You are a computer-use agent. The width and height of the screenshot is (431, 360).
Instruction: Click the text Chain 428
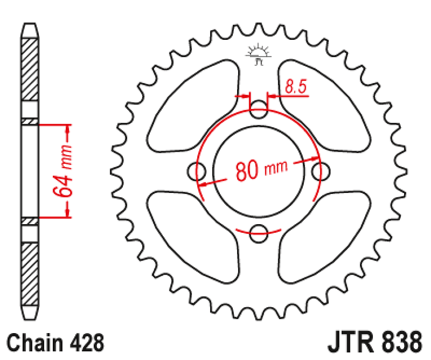56,344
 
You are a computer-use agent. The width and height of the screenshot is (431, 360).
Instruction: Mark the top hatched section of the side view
30,70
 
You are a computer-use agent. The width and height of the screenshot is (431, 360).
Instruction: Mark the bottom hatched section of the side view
30,273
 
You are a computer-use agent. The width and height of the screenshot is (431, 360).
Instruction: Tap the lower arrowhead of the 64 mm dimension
68,212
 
